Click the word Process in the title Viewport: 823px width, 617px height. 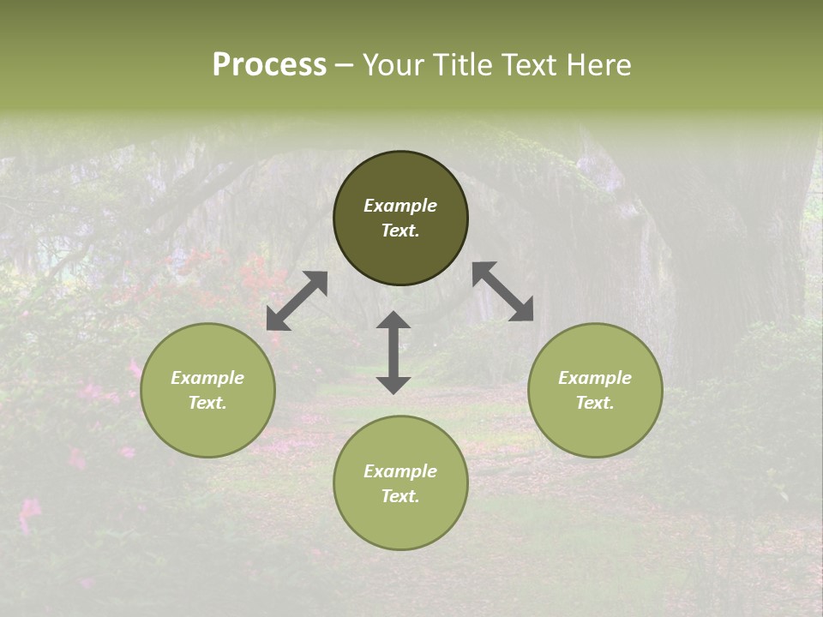click(x=269, y=65)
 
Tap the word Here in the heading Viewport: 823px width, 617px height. click(x=599, y=65)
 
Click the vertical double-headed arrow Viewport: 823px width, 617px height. click(x=393, y=352)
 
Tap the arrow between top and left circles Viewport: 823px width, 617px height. click(x=297, y=301)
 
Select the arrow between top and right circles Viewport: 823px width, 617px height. click(x=503, y=291)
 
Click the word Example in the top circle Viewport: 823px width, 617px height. click(x=400, y=206)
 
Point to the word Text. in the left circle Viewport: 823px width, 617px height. click(x=207, y=403)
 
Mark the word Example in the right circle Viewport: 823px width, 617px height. click(x=595, y=378)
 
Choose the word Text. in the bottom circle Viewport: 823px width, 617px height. click(x=400, y=496)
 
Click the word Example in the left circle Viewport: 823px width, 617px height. click(x=207, y=378)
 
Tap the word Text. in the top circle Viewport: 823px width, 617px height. click(x=400, y=231)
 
